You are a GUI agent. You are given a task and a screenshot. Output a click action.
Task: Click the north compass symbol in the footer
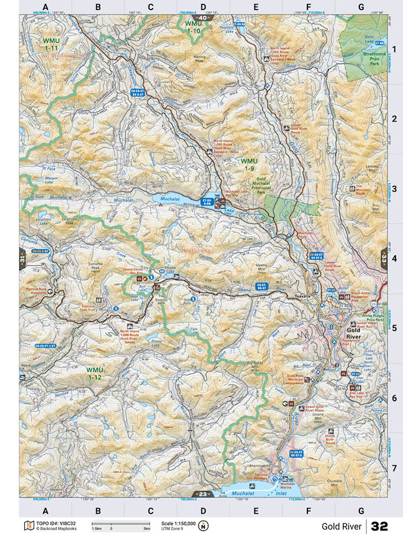[x=204, y=525]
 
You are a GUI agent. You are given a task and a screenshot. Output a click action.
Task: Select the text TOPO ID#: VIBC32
[x=56, y=523]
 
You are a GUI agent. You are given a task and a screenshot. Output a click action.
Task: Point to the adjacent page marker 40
[x=203, y=18]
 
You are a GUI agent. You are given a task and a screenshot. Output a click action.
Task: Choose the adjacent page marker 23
[x=203, y=494]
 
